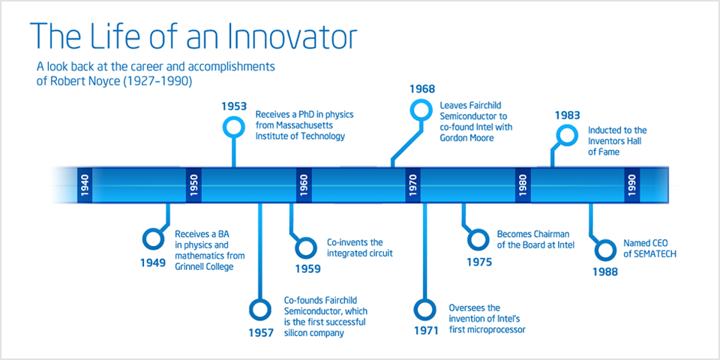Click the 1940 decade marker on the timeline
[x=85, y=185]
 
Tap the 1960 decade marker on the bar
[x=304, y=185]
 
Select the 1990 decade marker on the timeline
[x=631, y=185]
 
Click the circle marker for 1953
[x=234, y=127]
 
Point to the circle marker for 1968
[x=421, y=109]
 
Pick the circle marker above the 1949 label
[x=152, y=238]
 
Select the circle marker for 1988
[x=605, y=250]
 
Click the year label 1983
[x=567, y=115]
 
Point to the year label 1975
[x=479, y=262]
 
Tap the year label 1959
[x=307, y=269]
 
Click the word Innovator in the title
[x=274, y=35]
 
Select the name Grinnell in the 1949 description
[x=189, y=267]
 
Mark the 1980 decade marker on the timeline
[x=523, y=185]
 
